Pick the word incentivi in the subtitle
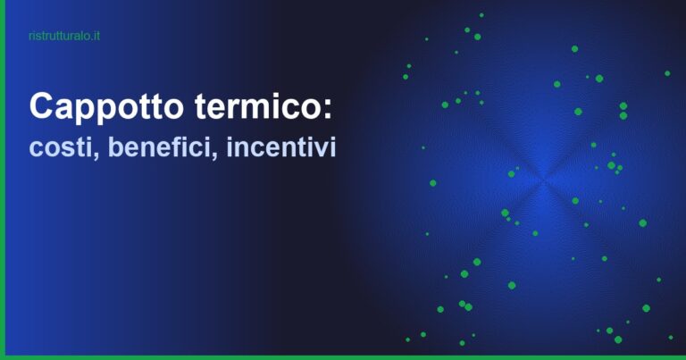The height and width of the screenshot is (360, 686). [281, 147]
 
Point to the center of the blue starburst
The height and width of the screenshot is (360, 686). [543, 182]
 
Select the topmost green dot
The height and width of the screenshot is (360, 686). [481, 14]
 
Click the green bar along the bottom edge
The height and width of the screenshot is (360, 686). [343, 356]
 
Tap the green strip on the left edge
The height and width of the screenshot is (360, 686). [3, 179]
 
